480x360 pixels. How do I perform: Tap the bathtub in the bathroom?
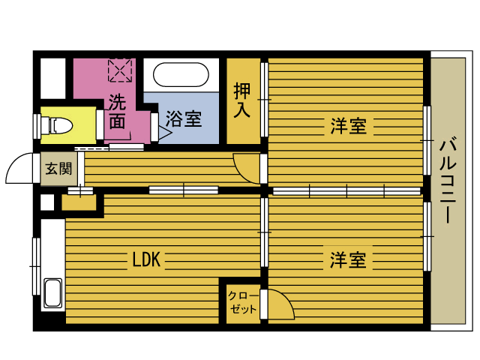pyautogui.click(x=181, y=74)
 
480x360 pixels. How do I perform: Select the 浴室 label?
pyautogui.click(x=184, y=118)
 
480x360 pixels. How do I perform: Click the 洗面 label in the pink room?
pyautogui.click(x=117, y=112)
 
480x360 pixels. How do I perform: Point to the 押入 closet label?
pyautogui.click(x=242, y=100)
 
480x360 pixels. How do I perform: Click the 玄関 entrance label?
pyautogui.click(x=58, y=169)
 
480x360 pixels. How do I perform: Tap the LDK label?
pyautogui.click(x=146, y=259)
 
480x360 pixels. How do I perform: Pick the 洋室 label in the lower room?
pyautogui.click(x=348, y=260)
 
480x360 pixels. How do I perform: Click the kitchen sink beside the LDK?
pyautogui.click(x=53, y=292)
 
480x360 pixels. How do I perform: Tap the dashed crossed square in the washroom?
pyautogui.click(x=120, y=70)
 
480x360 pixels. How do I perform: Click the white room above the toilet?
pyautogui.click(x=53, y=78)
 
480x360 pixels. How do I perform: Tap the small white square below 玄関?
pyautogui.click(x=47, y=202)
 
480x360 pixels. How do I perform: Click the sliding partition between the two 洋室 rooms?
pyautogui.click(x=346, y=191)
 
